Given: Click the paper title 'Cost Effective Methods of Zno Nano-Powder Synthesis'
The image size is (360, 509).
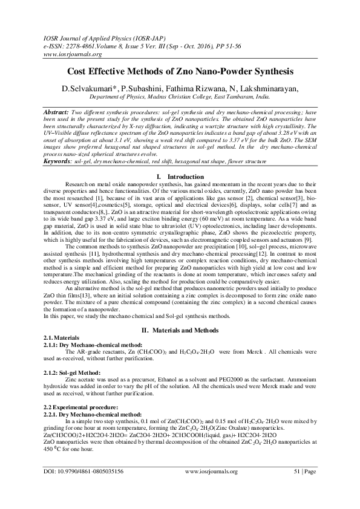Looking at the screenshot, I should (180, 71).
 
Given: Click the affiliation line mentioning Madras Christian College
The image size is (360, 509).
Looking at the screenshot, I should (180, 96).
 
